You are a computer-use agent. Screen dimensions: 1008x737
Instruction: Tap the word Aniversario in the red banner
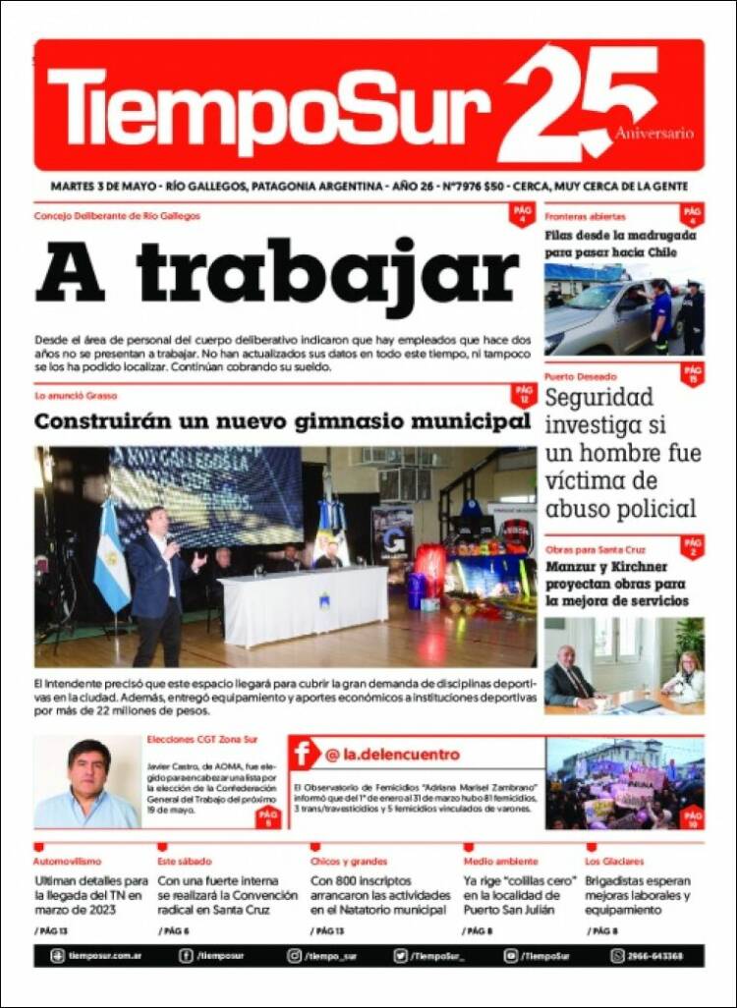point(654,134)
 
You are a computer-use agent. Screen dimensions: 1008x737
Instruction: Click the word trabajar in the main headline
point(328,272)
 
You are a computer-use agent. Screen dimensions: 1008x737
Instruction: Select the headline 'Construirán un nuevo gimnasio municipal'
point(282,422)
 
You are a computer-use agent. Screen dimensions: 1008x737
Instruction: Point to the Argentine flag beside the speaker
point(110,560)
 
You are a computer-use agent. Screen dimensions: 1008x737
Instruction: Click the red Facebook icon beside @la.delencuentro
point(305,755)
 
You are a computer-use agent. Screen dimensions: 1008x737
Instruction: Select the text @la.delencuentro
point(392,755)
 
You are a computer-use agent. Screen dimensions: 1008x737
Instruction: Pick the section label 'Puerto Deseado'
point(581,376)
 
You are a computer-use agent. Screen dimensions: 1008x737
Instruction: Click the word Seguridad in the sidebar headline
point(598,398)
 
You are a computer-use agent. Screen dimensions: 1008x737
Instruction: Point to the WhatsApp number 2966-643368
point(655,955)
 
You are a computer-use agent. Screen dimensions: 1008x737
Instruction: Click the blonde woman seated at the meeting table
point(684,677)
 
